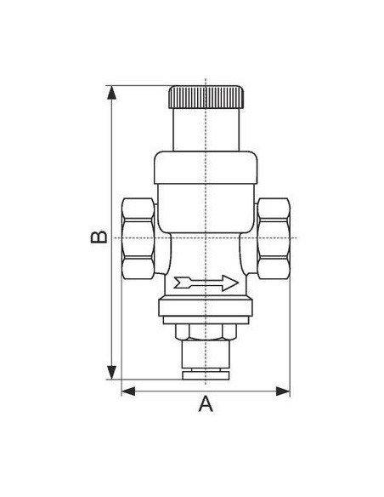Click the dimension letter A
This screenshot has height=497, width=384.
[206, 403]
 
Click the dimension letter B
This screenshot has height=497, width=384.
[99, 237]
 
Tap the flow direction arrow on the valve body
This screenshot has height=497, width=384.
[206, 283]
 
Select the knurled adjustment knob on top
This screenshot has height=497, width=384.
[206, 97]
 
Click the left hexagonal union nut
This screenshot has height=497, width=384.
[138, 238]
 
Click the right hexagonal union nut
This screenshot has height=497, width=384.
[274, 238]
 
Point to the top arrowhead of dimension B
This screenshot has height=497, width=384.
[111, 93]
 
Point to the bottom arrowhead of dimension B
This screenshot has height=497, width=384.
[111, 372]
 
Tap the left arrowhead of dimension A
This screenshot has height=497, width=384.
[128, 391]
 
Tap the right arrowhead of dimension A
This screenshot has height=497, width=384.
[283, 391]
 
